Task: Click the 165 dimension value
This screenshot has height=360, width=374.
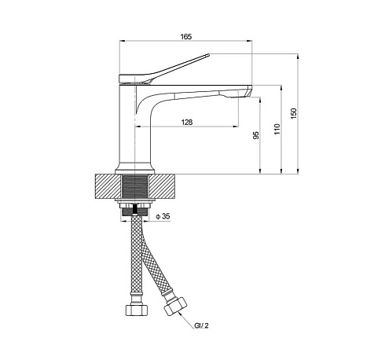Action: click(186, 36)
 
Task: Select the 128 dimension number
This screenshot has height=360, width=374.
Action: click(187, 122)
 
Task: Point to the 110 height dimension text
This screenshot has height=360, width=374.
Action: click(277, 129)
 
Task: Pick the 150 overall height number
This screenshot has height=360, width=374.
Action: click(294, 113)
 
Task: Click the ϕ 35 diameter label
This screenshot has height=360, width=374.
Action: click(163, 216)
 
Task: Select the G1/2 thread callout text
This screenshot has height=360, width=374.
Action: click(201, 325)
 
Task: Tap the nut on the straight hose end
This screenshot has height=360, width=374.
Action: click(136, 310)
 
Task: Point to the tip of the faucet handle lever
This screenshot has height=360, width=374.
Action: click(208, 55)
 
